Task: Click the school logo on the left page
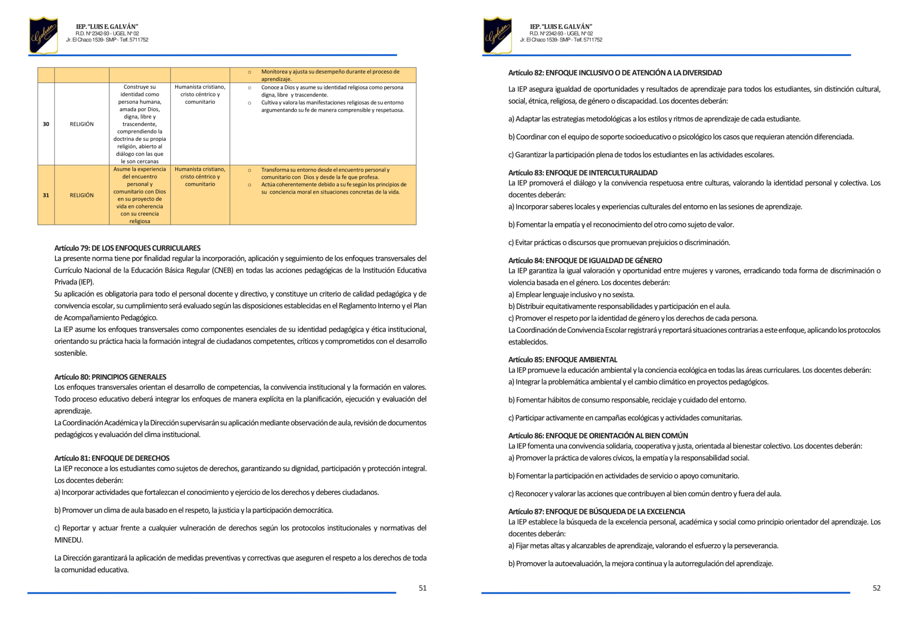coord(43,35)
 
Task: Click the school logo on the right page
coord(497,35)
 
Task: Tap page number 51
coord(423,588)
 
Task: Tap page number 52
coord(877,588)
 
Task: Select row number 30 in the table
coord(46,124)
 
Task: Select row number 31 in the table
coord(46,195)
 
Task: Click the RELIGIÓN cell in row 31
coord(82,195)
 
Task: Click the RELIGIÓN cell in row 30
coord(82,124)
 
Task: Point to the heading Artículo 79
coord(127,248)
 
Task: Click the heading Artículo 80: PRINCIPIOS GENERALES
coord(110,377)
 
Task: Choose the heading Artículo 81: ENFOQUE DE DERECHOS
coord(112,458)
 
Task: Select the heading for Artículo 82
coord(615,73)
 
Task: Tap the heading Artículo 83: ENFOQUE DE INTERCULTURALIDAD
coord(583,172)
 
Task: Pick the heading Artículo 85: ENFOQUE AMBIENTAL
coord(563,360)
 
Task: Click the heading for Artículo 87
coord(596,511)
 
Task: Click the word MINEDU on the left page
coord(69,540)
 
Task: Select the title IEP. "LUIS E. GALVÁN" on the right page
coord(561,27)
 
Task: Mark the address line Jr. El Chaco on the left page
coord(107,40)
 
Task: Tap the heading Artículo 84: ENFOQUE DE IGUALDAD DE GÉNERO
coord(585,260)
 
